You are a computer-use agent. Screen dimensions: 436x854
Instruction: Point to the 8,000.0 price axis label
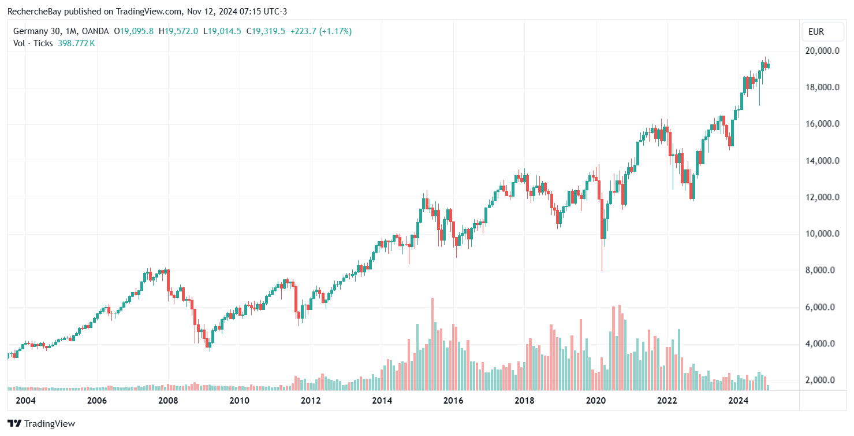(822, 270)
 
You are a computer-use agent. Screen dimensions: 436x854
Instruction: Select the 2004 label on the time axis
(25, 400)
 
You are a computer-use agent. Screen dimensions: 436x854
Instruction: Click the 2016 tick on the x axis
(453, 400)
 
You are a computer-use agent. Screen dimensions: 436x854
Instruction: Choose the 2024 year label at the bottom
(739, 400)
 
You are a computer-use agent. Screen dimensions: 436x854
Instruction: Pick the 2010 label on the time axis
(239, 400)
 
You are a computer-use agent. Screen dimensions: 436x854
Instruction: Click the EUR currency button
(816, 32)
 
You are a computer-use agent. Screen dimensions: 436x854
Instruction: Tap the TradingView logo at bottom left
(41, 423)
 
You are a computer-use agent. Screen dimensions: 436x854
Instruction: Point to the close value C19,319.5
(266, 31)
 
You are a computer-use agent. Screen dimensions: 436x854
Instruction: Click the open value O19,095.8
(133, 31)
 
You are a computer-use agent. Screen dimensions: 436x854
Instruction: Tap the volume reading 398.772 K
(76, 43)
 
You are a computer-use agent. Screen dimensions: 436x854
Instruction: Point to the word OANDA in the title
(95, 31)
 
